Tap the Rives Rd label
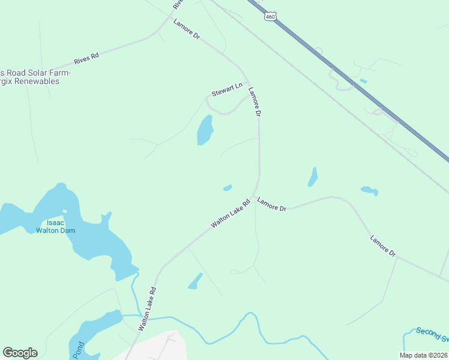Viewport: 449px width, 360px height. point(86,58)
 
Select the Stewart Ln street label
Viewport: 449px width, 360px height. point(226,90)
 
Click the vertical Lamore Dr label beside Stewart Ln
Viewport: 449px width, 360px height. point(255,101)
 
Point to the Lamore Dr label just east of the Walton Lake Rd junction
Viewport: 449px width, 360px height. point(272,204)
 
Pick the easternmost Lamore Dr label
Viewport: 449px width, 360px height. point(383,246)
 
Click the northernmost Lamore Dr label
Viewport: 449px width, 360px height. point(186,30)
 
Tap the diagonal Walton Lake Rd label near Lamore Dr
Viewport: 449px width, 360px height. point(230,214)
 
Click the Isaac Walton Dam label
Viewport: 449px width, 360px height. point(55,226)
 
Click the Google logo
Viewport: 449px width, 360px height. point(20,353)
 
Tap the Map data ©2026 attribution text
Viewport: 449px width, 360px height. point(423,355)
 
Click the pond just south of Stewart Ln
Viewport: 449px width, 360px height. point(205,130)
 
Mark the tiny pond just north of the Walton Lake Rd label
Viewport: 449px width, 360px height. point(228,188)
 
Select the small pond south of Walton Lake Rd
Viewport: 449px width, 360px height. point(195,281)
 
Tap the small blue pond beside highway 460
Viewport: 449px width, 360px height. point(363,81)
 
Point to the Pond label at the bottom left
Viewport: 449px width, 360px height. point(79,350)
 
